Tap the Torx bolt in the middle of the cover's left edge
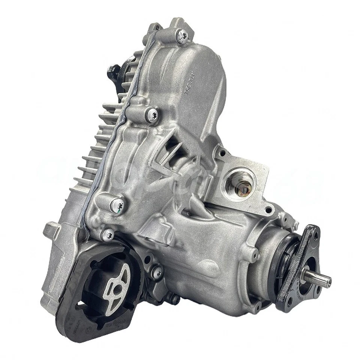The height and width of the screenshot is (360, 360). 152,114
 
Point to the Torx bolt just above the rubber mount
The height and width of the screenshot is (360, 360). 108,235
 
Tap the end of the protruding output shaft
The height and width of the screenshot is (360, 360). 328,279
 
